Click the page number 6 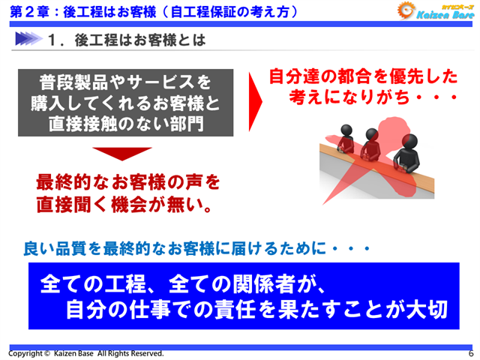[471, 352]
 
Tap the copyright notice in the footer [85, 352]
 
